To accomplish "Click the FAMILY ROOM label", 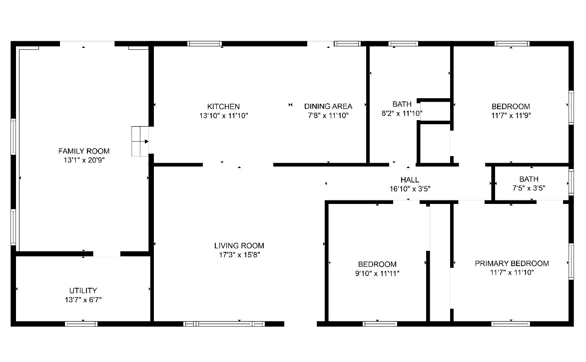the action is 84,151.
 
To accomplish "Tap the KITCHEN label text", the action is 223,107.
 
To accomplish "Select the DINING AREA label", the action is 328,106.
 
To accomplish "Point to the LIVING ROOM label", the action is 239,245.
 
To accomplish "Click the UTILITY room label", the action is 83,291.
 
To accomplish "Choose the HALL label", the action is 410,180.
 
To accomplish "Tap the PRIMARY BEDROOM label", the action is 512,263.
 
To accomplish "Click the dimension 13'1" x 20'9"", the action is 84,161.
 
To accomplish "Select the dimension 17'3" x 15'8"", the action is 239,255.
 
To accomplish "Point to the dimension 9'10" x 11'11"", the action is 377,274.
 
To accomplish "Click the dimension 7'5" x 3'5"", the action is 529,188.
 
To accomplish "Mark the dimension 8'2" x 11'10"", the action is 402,114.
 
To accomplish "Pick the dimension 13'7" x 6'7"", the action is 83,300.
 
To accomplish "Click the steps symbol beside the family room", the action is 140,142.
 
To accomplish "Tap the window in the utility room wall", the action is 81,324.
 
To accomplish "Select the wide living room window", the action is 224,324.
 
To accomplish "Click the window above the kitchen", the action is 204,44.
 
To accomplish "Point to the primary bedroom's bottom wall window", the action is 511,324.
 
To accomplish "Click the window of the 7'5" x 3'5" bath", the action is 571,182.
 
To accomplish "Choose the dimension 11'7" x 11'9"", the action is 511,116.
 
